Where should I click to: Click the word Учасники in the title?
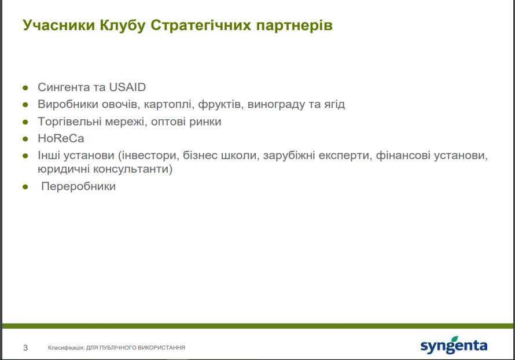(x=59, y=25)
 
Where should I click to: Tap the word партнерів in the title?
(x=295, y=26)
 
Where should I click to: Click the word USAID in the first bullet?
(x=127, y=87)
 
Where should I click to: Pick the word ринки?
(x=205, y=122)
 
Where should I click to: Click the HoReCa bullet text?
(x=61, y=138)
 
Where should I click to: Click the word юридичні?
(x=64, y=169)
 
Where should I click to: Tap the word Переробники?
(x=79, y=186)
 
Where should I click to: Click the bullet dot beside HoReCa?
(x=25, y=139)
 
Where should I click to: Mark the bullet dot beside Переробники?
(x=25, y=187)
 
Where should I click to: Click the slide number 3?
(x=25, y=347)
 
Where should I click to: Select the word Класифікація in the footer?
(x=66, y=347)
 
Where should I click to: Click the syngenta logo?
(x=454, y=345)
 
